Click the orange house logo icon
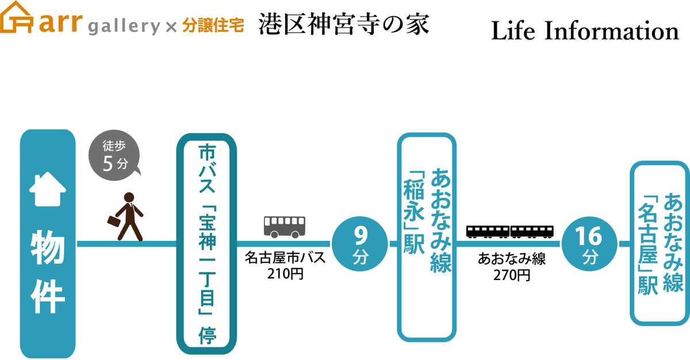17,21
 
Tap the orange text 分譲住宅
213,25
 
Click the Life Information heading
585,31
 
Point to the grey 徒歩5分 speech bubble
114,157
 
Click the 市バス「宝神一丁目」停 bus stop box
206,244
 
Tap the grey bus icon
285,226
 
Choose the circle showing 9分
360,244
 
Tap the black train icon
510,231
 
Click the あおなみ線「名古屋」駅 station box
660,244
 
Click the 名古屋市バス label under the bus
285,258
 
